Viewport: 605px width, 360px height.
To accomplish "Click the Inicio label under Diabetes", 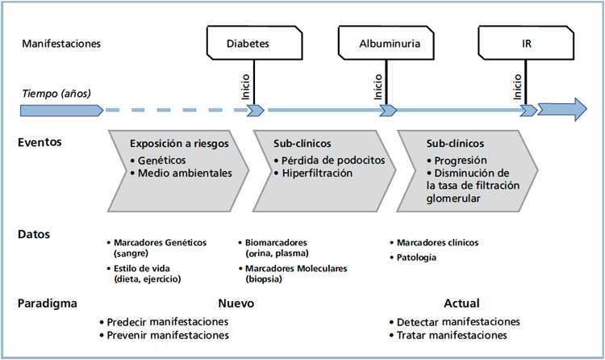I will pos(245,87).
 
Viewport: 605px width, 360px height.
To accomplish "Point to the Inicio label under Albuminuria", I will pos(378,87).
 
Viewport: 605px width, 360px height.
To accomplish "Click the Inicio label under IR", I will pos(517,87).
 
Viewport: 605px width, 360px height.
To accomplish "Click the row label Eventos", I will pos(40,143).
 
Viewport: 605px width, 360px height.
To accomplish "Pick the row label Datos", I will pos(35,235).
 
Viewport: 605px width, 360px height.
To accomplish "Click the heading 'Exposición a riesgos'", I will pos(179,144).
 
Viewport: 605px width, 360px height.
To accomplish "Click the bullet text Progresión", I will pos(461,160).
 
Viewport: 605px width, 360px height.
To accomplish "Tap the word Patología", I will pos(416,257).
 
